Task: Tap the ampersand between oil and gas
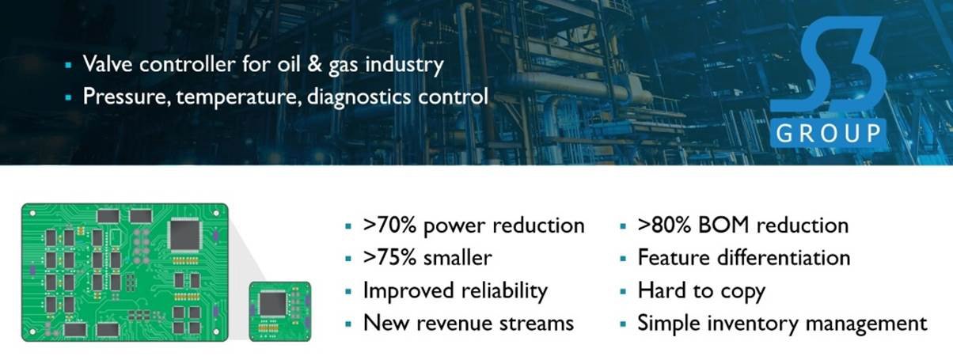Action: [x=314, y=64]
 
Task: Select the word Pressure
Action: [x=124, y=96]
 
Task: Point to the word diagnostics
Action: [x=359, y=97]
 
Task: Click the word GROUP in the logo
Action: [x=829, y=134]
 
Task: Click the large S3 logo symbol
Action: [x=830, y=64]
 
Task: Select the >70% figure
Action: [x=389, y=225]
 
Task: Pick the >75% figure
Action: [x=389, y=258]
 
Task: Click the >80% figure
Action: [x=664, y=225]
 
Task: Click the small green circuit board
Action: [x=280, y=312]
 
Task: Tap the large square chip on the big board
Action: [x=184, y=234]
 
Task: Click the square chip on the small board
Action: [x=273, y=304]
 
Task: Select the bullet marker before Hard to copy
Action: [x=623, y=292]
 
